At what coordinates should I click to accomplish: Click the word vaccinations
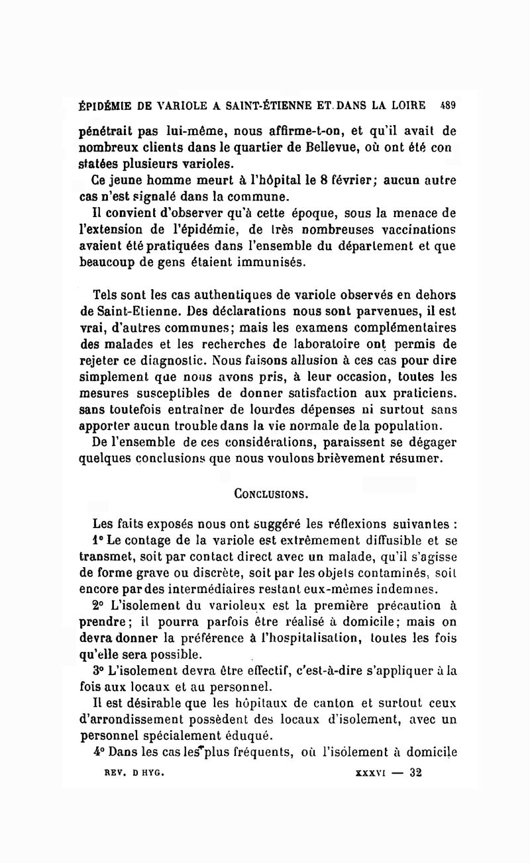(413, 229)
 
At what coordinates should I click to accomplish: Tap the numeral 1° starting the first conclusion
(99, 540)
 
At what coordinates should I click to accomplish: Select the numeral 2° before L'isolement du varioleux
(99, 605)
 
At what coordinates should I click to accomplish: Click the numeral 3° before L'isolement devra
(99, 670)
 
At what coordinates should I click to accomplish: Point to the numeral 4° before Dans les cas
(99, 752)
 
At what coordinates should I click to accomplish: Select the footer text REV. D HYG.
(130, 772)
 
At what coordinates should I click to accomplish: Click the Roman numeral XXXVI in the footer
(370, 772)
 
